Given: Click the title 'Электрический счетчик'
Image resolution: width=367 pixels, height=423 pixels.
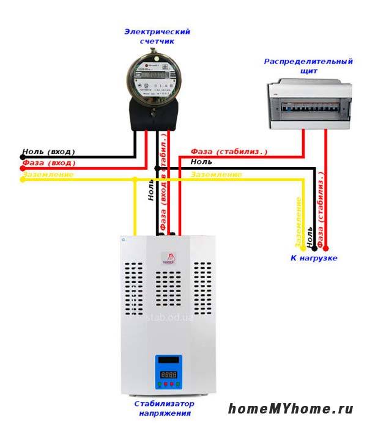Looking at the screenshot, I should pos(157,36).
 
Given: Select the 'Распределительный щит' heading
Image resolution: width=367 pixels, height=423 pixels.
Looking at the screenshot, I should pos(308,66).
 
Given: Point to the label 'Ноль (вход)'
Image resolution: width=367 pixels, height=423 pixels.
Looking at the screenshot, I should pos(48,151).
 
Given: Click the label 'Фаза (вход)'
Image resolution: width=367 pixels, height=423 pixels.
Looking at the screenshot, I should pos(48,163).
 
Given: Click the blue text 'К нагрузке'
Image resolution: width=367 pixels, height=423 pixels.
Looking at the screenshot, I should pos(313,258).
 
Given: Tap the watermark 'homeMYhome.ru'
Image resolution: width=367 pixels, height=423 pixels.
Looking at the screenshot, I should pos(291,408).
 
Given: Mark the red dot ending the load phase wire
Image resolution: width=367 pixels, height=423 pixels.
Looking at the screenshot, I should pos(325,248).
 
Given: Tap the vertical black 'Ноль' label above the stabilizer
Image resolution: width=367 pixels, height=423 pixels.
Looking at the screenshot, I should pos(150,191).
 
